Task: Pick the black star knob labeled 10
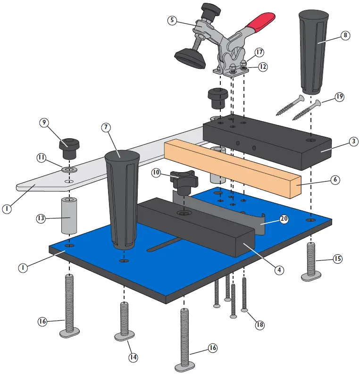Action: pyautogui.click(x=183, y=182)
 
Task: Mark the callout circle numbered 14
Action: pyautogui.click(x=134, y=358)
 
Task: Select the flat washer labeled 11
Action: pyautogui.click(x=70, y=169)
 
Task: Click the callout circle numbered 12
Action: pyautogui.click(x=262, y=67)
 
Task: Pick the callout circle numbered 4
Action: pyautogui.click(x=279, y=270)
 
